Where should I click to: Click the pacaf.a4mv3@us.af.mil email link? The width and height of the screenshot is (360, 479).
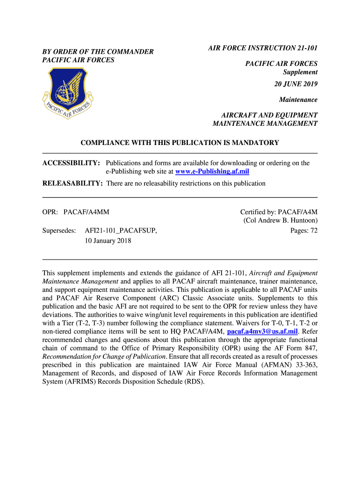click(x=262, y=332)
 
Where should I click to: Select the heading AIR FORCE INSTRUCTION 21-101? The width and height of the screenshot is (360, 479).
click(x=263, y=48)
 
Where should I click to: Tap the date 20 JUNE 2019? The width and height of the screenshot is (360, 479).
click(x=296, y=84)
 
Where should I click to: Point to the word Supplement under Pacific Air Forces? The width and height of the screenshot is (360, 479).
click(x=300, y=73)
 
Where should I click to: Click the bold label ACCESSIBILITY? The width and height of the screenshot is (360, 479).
click(x=71, y=163)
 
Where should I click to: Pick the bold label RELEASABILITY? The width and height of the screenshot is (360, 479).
click(x=72, y=183)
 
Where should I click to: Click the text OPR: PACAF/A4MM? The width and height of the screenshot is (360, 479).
click(x=76, y=212)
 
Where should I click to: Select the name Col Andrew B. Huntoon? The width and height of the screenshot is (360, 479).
click(x=281, y=220)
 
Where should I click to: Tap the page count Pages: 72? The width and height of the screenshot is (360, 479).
click(x=304, y=230)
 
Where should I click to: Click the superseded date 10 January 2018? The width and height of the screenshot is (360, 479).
click(x=108, y=241)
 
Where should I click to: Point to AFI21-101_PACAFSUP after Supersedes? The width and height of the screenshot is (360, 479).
click(x=121, y=231)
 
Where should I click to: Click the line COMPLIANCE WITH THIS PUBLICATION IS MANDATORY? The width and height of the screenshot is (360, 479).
click(x=180, y=143)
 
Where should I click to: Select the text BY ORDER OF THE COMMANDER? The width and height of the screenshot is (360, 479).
click(x=98, y=51)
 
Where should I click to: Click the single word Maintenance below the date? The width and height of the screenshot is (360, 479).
click(x=298, y=100)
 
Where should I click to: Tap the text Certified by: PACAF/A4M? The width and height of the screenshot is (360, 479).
click(x=279, y=212)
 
